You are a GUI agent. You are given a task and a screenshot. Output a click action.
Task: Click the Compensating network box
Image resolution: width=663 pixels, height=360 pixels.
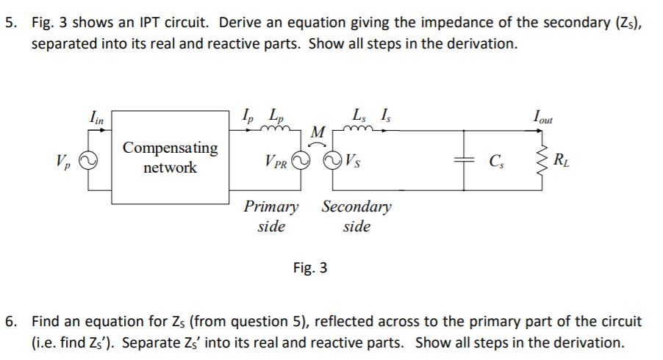tap(170, 157)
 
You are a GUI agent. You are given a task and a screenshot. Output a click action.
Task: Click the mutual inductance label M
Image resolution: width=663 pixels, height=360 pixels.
tap(318, 132)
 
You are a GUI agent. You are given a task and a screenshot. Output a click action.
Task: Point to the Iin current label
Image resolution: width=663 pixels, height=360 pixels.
tap(96, 115)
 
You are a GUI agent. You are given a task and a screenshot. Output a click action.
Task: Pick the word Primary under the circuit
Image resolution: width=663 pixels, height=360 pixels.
tap(271, 206)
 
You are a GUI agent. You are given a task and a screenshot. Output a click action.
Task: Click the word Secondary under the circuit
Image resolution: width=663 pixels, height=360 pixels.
tap(356, 206)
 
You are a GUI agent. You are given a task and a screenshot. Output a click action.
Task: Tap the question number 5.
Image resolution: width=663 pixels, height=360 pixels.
tap(10, 23)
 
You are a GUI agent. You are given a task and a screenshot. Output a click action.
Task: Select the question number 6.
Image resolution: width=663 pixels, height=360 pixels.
tap(10, 322)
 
